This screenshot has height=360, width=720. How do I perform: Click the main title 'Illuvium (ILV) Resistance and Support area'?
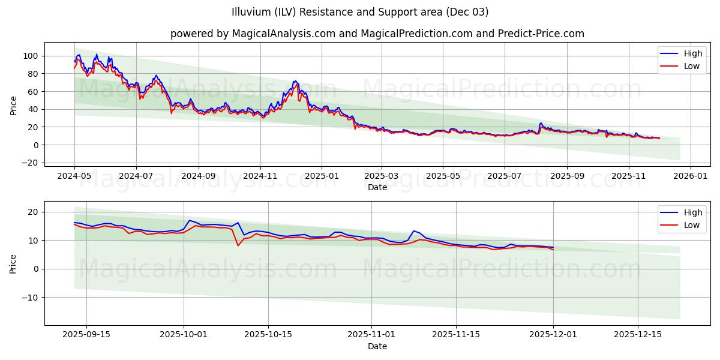[360, 12]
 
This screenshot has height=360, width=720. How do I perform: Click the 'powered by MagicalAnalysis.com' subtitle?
[377, 34]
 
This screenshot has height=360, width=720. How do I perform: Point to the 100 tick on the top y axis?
[32, 56]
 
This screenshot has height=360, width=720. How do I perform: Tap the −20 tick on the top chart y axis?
[29, 163]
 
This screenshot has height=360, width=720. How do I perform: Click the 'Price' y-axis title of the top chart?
[14, 105]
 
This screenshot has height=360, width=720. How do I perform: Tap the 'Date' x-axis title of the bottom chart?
[377, 346]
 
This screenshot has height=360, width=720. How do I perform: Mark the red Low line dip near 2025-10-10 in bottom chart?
[238, 245]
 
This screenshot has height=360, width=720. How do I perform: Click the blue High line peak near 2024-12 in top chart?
[295, 80]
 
